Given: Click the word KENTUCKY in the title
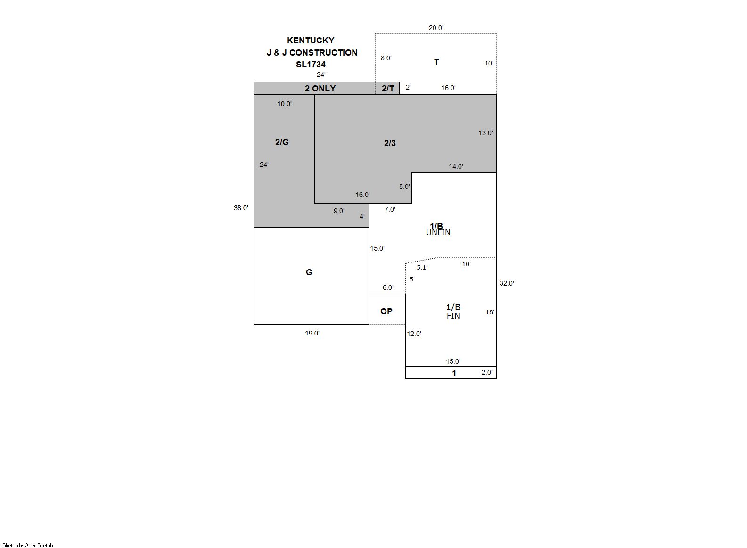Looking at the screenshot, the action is click(311, 41).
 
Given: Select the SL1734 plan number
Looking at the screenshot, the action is click(311, 65).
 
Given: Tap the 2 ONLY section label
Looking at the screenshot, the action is click(320, 88).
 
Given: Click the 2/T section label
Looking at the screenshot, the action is click(388, 88).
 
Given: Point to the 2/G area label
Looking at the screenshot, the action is click(282, 142).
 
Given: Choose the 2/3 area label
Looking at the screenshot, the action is click(390, 143).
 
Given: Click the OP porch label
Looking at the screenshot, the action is click(386, 311).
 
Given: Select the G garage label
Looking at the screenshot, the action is click(309, 272).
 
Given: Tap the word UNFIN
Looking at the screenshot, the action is click(438, 233).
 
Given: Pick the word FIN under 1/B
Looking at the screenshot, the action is click(453, 316).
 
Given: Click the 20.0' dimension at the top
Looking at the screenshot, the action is click(436, 28).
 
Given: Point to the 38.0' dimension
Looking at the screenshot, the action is click(241, 208).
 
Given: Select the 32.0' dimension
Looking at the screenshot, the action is click(507, 283).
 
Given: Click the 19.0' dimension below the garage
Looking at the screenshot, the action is click(312, 333).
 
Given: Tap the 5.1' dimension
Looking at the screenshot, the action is click(422, 267).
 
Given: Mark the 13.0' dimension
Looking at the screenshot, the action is click(485, 133).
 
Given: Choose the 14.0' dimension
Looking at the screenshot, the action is click(456, 166).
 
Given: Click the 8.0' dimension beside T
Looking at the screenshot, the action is click(386, 58).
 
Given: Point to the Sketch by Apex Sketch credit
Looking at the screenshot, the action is click(28, 545).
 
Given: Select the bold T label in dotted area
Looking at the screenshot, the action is click(436, 62).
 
